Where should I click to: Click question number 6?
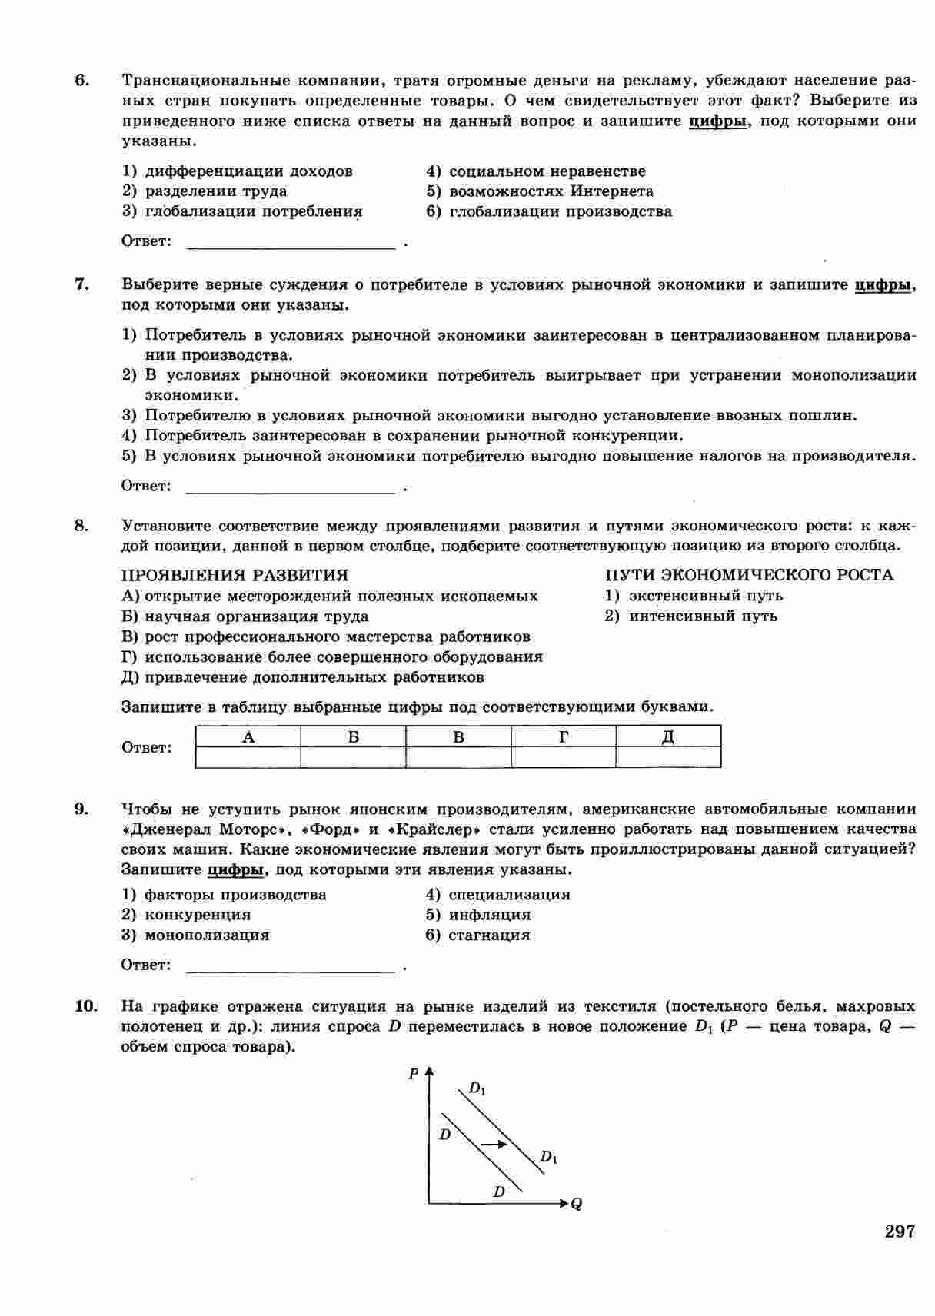pos(82,81)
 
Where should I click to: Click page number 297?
pos(900,1231)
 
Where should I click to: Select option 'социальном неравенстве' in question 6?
pos(547,171)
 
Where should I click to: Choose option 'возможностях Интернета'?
pos(551,191)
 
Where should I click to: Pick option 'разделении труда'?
pos(215,191)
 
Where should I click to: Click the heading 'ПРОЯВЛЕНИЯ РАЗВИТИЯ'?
pos(235,575)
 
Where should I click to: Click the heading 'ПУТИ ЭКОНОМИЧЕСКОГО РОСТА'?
pos(749,575)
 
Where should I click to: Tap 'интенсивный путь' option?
pos(702,616)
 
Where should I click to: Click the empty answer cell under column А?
pos(248,757)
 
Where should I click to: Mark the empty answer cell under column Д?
pos(668,757)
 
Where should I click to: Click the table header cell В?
pos(458,737)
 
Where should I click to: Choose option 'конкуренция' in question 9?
pos(198,915)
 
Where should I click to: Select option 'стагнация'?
pos(489,935)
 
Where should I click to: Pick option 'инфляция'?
pos(489,915)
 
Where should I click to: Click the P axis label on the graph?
pos(414,1074)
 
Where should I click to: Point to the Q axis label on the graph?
pos(577,1204)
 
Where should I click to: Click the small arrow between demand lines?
pos(494,1145)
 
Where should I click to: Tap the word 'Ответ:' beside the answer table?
pos(147,748)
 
